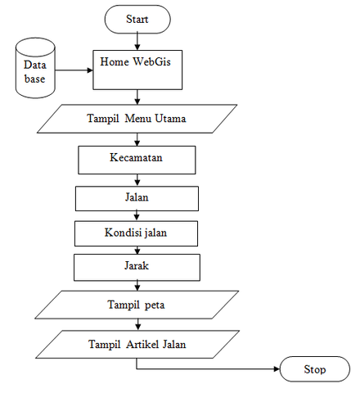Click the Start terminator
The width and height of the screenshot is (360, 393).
tap(137, 19)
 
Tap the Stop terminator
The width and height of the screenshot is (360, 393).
tap(315, 369)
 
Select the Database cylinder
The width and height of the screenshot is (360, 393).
tap(35, 68)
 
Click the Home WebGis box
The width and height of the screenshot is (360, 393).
tap(137, 70)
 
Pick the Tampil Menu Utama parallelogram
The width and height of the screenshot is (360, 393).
tap(137, 119)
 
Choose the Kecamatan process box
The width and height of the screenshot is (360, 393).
tap(137, 160)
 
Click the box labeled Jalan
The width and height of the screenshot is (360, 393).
tap(137, 198)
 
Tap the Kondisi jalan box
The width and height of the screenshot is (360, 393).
tap(136, 233)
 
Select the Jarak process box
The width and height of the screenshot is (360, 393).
tap(137, 268)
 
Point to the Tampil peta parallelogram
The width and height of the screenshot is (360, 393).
tap(137, 305)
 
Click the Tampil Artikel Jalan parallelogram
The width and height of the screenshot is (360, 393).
tap(137, 344)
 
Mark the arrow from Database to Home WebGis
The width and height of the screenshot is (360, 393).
tap(74, 70)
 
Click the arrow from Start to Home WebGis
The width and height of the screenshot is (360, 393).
tap(137, 41)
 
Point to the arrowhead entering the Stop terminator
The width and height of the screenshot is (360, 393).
tap(277, 369)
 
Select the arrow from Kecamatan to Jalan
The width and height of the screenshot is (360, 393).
tap(137, 180)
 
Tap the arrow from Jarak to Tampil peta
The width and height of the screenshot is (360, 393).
tap(137, 286)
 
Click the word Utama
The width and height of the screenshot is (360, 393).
tap(170, 119)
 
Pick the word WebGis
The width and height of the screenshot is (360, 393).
tap(151, 61)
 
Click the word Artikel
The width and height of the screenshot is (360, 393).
tap(142, 344)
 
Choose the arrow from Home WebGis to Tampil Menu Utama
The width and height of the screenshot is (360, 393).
tap(137, 97)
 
